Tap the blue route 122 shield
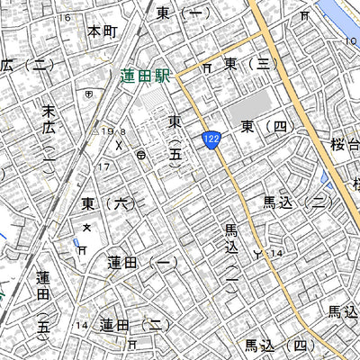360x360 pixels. pyautogui.click(x=211, y=138)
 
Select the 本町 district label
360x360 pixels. pyautogui.click(x=103, y=31)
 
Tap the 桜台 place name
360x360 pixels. pyautogui.click(x=346, y=144)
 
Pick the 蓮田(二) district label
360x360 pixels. pyautogui.click(x=134, y=325)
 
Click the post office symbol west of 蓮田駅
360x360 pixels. pyautogui.click(x=87, y=93)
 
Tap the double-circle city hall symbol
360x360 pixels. pyautogui.click(x=142, y=156)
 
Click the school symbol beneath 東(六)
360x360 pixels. pyautogui.click(x=87, y=228)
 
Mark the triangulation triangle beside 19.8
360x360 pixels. pyautogui.click(x=96, y=131)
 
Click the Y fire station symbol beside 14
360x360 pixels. pyautogui.click(x=260, y=253)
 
